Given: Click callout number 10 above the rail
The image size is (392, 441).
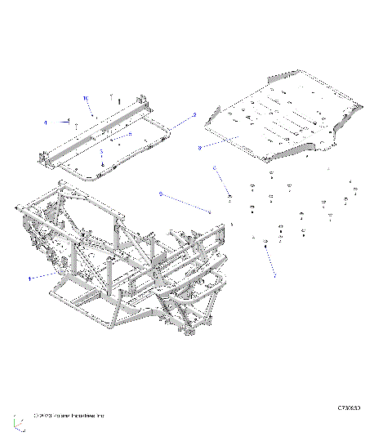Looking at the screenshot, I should click(85, 97).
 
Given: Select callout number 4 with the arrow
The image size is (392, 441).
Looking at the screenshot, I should click(46, 122).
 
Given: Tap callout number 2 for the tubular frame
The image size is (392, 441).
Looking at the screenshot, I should click(194, 115).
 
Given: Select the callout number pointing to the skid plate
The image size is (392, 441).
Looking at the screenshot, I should click(199, 148).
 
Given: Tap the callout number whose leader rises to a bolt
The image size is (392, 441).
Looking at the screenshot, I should click(274, 276).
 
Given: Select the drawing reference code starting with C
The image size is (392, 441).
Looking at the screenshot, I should click(349, 406).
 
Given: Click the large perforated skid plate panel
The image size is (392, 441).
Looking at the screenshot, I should click(282, 122).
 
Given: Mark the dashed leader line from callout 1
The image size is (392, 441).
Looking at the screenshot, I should click(45, 275).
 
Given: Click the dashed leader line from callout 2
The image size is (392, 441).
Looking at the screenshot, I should click(181, 122).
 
